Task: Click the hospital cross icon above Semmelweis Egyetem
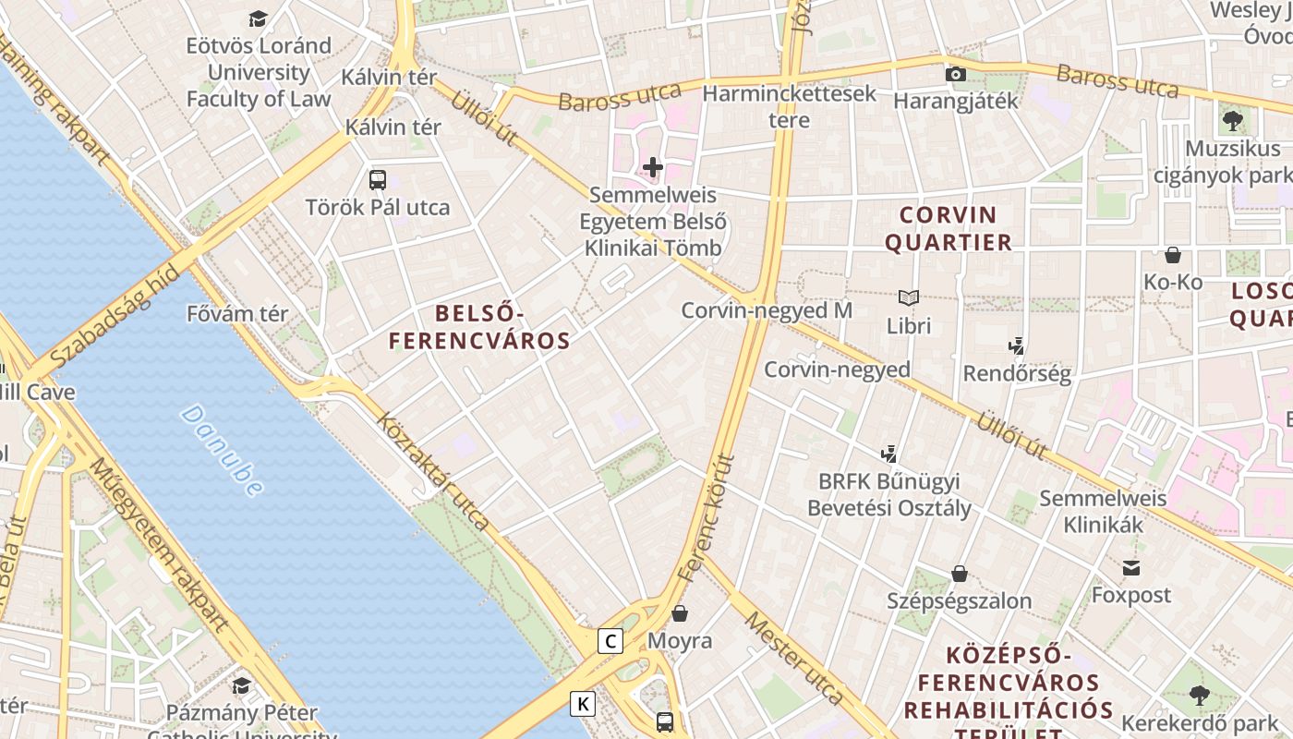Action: pos(653,167)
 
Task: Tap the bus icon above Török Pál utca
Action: pos(378,180)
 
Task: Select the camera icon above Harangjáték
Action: pos(955,74)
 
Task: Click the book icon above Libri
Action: pos(909,297)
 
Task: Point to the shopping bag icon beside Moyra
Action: pos(680,613)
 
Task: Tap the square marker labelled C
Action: pos(610,640)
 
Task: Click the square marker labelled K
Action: pos(582,704)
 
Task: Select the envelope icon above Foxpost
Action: pos(1130,567)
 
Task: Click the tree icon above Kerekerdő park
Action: pos(1199,695)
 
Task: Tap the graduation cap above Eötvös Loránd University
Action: pos(258,18)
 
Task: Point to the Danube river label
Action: pos(222,450)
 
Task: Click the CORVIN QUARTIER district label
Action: pos(949,229)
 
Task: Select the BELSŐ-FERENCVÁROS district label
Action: pos(478,328)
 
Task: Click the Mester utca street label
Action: pos(794,657)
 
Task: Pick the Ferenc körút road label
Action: pos(705,517)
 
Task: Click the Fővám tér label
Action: pos(237,314)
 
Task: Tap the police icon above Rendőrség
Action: pos(1016,346)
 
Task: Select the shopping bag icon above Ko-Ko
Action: pos(1173,254)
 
